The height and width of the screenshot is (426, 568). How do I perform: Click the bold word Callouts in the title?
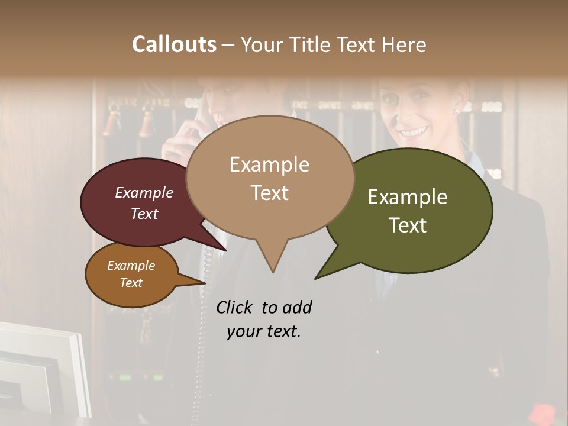click(174, 44)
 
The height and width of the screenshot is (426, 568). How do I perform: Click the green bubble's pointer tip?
click(316, 278)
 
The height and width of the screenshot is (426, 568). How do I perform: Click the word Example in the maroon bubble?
click(144, 193)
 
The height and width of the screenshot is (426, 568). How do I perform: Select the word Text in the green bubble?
click(408, 225)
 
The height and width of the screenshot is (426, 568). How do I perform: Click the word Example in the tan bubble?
click(269, 164)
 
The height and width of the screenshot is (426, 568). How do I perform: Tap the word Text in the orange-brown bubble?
click(131, 283)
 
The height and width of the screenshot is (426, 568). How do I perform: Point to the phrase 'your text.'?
click(264, 331)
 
